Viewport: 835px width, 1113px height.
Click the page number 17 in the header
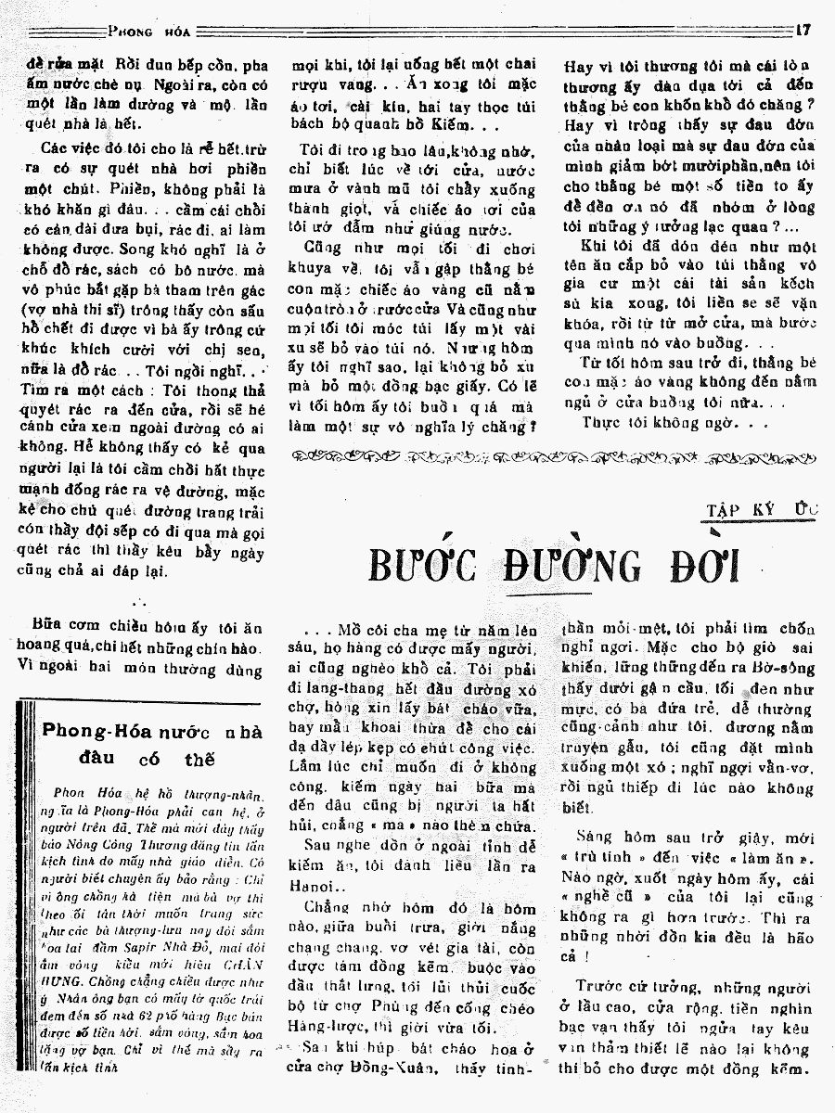[803, 30]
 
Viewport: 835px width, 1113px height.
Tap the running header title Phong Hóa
[149, 30]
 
